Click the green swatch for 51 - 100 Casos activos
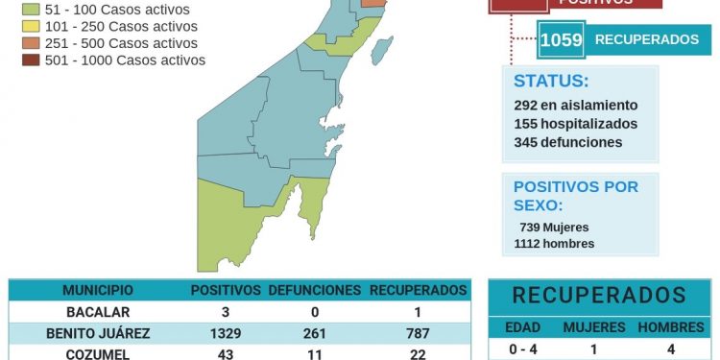click(x=29, y=10)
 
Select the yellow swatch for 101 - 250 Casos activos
click(x=29, y=26)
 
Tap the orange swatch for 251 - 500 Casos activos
click(x=29, y=43)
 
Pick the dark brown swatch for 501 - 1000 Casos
click(x=29, y=60)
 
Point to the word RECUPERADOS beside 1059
click(x=646, y=39)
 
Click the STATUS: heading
click(x=551, y=81)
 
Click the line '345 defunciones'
click(x=567, y=142)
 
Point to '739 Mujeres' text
click(x=554, y=227)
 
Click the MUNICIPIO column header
click(x=98, y=290)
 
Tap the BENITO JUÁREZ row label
click(x=98, y=333)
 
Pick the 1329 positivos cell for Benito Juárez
click(x=225, y=333)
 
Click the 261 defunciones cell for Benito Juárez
click(x=314, y=333)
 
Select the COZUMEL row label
click(x=98, y=353)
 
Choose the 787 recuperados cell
click(x=418, y=333)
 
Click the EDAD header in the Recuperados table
click(x=522, y=327)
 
